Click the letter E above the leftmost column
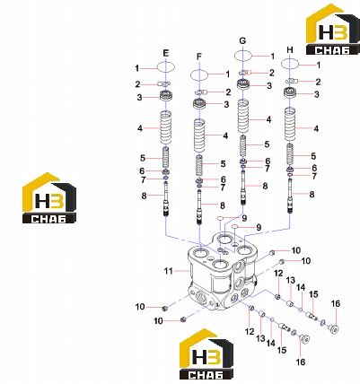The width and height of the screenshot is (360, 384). (166, 53)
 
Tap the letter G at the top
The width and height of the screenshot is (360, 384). (242, 40)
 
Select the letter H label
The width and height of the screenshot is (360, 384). (290, 50)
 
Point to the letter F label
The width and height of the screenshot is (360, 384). (199, 57)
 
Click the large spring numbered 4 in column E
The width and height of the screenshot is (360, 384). (166, 127)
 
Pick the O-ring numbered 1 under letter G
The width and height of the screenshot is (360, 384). (242, 56)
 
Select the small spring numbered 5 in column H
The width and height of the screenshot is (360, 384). (290, 154)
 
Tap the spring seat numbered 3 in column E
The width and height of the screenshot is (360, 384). (166, 96)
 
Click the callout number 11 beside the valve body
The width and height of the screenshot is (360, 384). (169, 271)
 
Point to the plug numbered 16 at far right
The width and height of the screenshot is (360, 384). (334, 329)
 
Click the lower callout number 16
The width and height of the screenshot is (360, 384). (301, 362)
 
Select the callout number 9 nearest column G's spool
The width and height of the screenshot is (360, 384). (244, 218)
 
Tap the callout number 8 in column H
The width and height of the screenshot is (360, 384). (312, 195)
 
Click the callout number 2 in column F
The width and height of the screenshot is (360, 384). (228, 92)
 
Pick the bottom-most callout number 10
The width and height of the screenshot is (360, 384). (158, 321)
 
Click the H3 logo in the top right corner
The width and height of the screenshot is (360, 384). (332, 30)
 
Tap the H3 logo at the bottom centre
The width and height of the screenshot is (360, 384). (206, 354)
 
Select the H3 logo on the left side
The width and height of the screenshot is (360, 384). (49, 198)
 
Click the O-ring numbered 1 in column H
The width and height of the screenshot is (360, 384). (290, 64)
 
